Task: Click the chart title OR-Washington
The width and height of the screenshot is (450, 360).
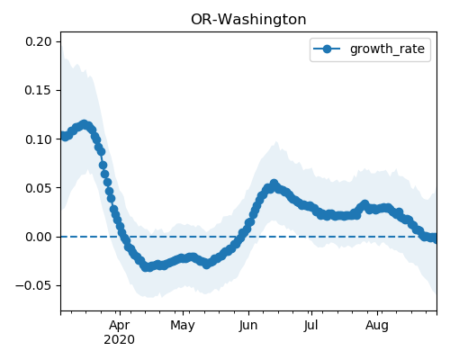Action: [x=248, y=20]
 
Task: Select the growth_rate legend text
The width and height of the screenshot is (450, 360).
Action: [x=387, y=49]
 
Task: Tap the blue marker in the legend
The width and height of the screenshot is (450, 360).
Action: [x=327, y=49]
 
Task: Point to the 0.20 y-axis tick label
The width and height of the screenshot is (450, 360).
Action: [x=39, y=41]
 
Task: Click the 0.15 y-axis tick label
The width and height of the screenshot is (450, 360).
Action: [x=39, y=90]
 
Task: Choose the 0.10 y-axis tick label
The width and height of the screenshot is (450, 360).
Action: [x=39, y=139]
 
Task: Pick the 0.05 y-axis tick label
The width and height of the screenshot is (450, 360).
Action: [x=39, y=188]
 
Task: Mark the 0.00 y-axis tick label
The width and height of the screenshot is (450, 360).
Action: [x=39, y=237]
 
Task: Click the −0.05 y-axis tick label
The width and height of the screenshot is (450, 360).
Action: [x=34, y=285]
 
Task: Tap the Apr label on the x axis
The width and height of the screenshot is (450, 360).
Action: [x=120, y=325]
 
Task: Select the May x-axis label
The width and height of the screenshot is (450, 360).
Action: [x=183, y=325]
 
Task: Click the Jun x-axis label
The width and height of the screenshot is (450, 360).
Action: [x=248, y=325]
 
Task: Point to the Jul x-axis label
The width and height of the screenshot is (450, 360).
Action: [x=310, y=325]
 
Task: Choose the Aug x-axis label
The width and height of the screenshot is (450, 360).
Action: [x=377, y=325]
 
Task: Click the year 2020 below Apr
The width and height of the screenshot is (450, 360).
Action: [x=119, y=339]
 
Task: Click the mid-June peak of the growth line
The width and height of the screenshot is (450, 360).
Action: [x=274, y=184]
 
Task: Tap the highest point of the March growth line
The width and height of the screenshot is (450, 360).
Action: [x=85, y=124]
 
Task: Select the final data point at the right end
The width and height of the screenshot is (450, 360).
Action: [x=435, y=238]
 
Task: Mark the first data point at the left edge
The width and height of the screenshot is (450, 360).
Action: [x=63, y=136]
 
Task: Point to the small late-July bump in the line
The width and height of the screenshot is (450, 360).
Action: [x=364, y=204]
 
